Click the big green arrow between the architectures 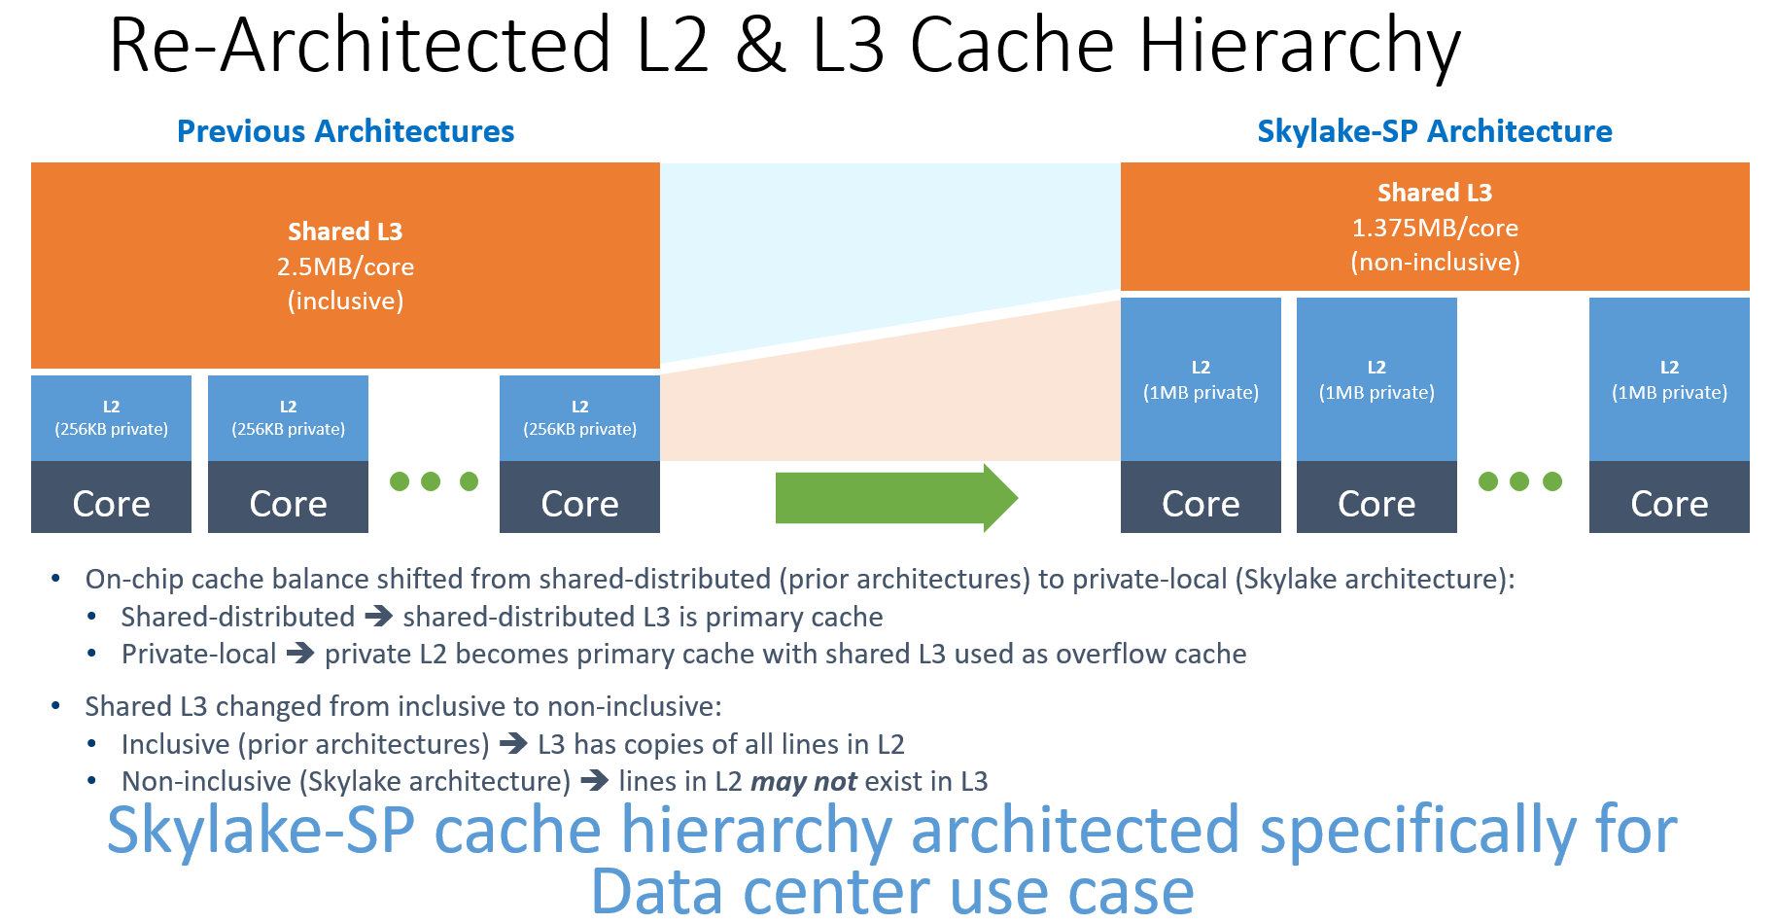[894, 498]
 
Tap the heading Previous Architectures [345, 131]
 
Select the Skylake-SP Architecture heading [1434, 131]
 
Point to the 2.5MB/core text [345, 267]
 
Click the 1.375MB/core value [1435, 228]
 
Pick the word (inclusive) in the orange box [345, 301]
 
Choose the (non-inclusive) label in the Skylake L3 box [1435, 262]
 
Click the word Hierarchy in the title [1300, 46]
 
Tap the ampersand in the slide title [759, 46]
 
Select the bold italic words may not [803, 781]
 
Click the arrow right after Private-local [299, 653]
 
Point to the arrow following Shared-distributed [378, 616]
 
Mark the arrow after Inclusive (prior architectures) [513, 744]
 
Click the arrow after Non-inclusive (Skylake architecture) [594, 781]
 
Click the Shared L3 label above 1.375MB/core [1435, 193]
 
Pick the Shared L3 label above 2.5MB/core [345, 231]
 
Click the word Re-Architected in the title [360, 46]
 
